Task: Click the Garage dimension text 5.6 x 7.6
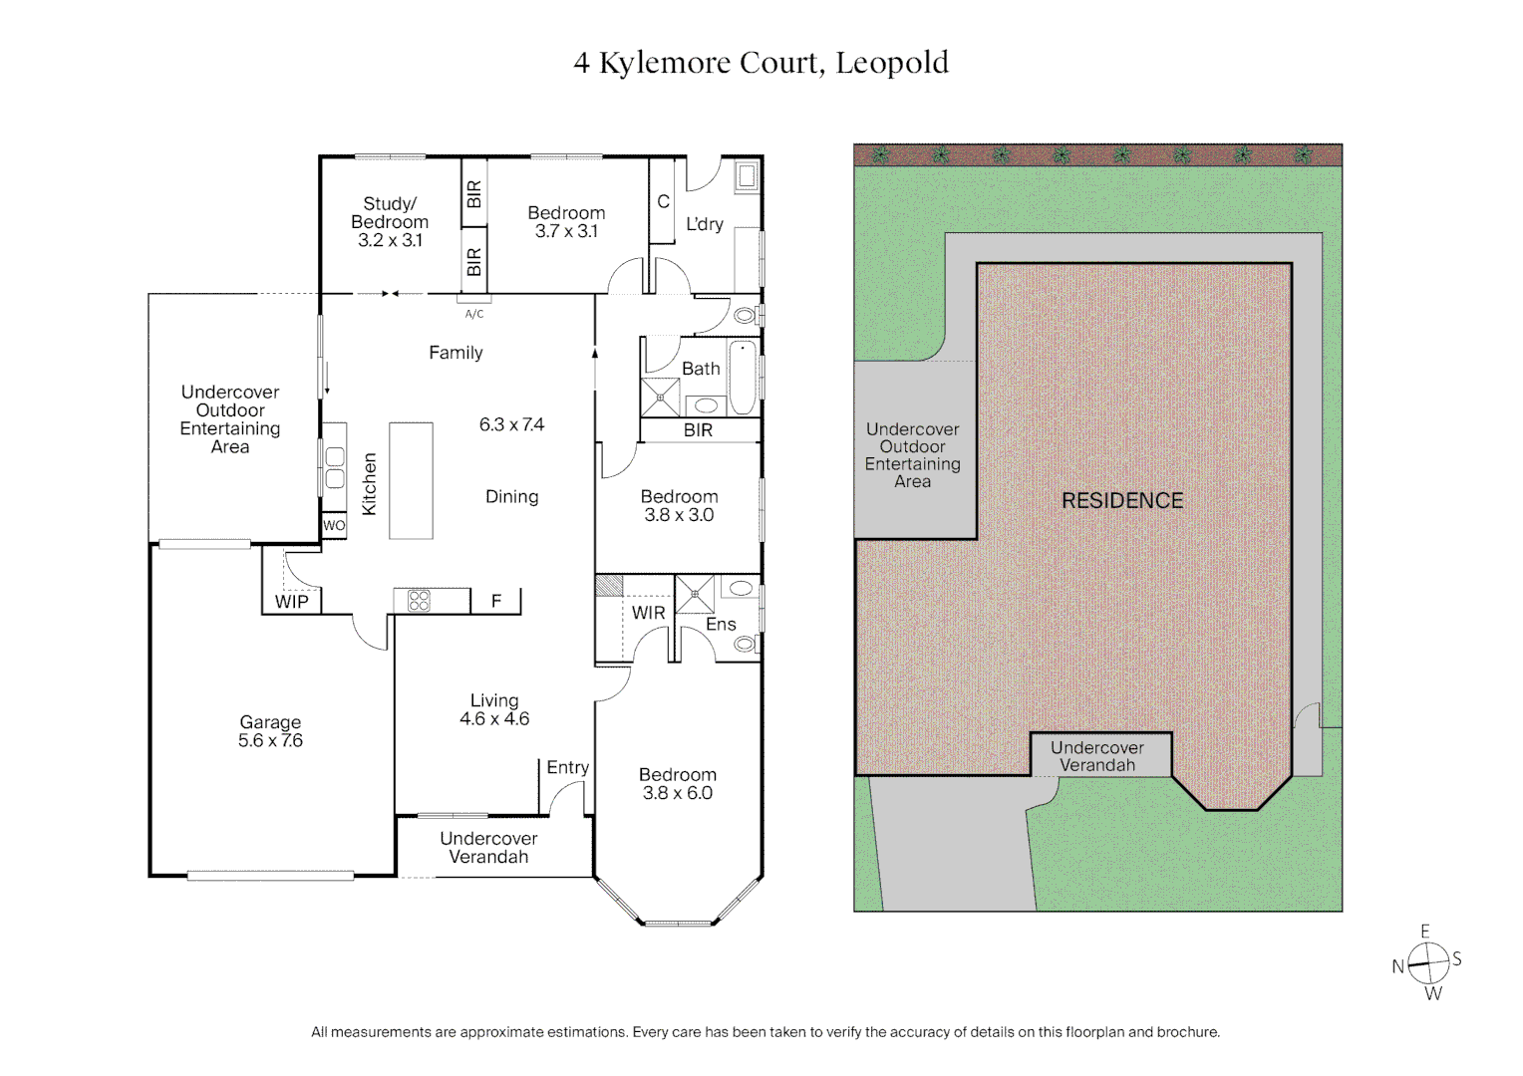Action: pos(270,741)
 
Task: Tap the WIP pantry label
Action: pos(292,602)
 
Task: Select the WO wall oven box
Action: pos(334,526)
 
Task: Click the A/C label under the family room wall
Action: pos(474,314)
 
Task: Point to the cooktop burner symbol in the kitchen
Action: pos(419,600)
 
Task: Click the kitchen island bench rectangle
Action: pos(411,480)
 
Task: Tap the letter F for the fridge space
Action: pos(496,601)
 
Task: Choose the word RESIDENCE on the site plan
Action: pos(1122,501)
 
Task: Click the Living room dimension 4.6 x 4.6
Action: pos(494,718)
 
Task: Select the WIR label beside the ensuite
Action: pos(649,613)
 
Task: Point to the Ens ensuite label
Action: pos(721,625)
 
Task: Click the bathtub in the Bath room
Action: pos(743,378)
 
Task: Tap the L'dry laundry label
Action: pos(705,224)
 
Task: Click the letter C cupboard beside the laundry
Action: pos(663,202)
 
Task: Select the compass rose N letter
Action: pos(1398,966)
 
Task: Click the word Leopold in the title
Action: pos(892,64)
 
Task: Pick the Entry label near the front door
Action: pos(568,767)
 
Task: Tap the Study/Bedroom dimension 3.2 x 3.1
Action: pos(390,240)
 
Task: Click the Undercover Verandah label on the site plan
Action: pos(1097,756)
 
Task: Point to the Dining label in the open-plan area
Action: pos(512,496)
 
